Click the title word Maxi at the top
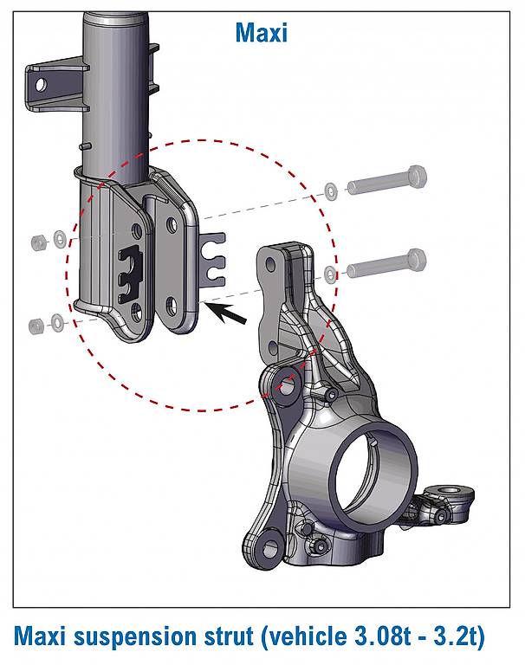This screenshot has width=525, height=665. coord(261,33)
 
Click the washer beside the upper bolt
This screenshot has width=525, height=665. coord(331,190)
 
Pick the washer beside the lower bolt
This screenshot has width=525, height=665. coord(331,274)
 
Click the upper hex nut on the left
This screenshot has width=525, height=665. coord(38,242)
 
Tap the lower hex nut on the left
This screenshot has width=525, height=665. coord(36,326)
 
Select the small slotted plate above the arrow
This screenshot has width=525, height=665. coord(212,258)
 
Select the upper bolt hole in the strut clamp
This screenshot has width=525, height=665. coord(172,225)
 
